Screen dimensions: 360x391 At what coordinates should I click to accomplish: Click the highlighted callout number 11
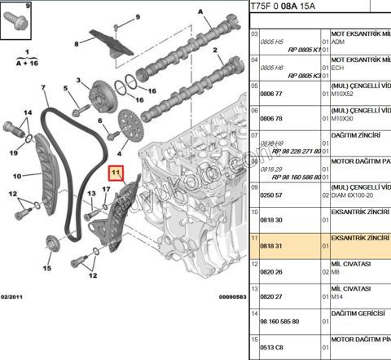(116, 173)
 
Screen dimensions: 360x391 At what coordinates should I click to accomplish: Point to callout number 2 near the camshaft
(217, 51)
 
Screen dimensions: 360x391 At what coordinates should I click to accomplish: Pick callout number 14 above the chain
(28, 112)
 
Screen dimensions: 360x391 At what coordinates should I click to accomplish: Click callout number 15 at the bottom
(46, 268)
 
